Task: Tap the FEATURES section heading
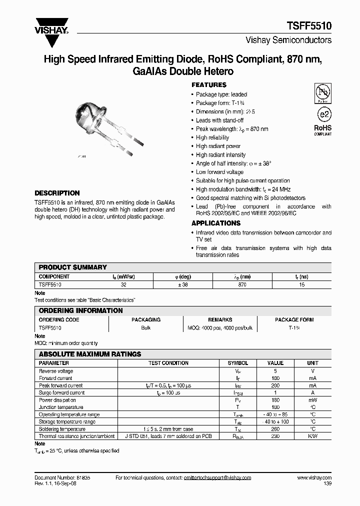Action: pyautogui.click(x=209, y=85)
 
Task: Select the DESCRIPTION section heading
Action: pyautogui.click(x=57, y=193)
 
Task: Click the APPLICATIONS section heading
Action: pyautogui.click(x=216, y=223)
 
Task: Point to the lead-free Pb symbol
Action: pyautogui.click(x=323, y=93)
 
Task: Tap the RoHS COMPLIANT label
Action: pyautogui.click(x=323, y=130)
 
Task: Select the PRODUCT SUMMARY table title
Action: pyautogui.click(x=73, y=267)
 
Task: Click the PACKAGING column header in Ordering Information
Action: pyautogui.click(x=146, y=319)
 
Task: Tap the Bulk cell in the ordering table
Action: pyautogui.click(x=146, y=327)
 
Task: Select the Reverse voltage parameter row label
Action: pyautogui.click(x=56, y=371)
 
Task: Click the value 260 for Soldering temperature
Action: pyautogui.click(x=275, y=429)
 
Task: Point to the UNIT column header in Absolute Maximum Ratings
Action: pyautogui.click(x=312, y=363)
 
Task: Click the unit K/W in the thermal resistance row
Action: pyautogui.click(x=312, y=436)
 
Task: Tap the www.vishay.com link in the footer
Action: pyautogui.click(x=310, y=478)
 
